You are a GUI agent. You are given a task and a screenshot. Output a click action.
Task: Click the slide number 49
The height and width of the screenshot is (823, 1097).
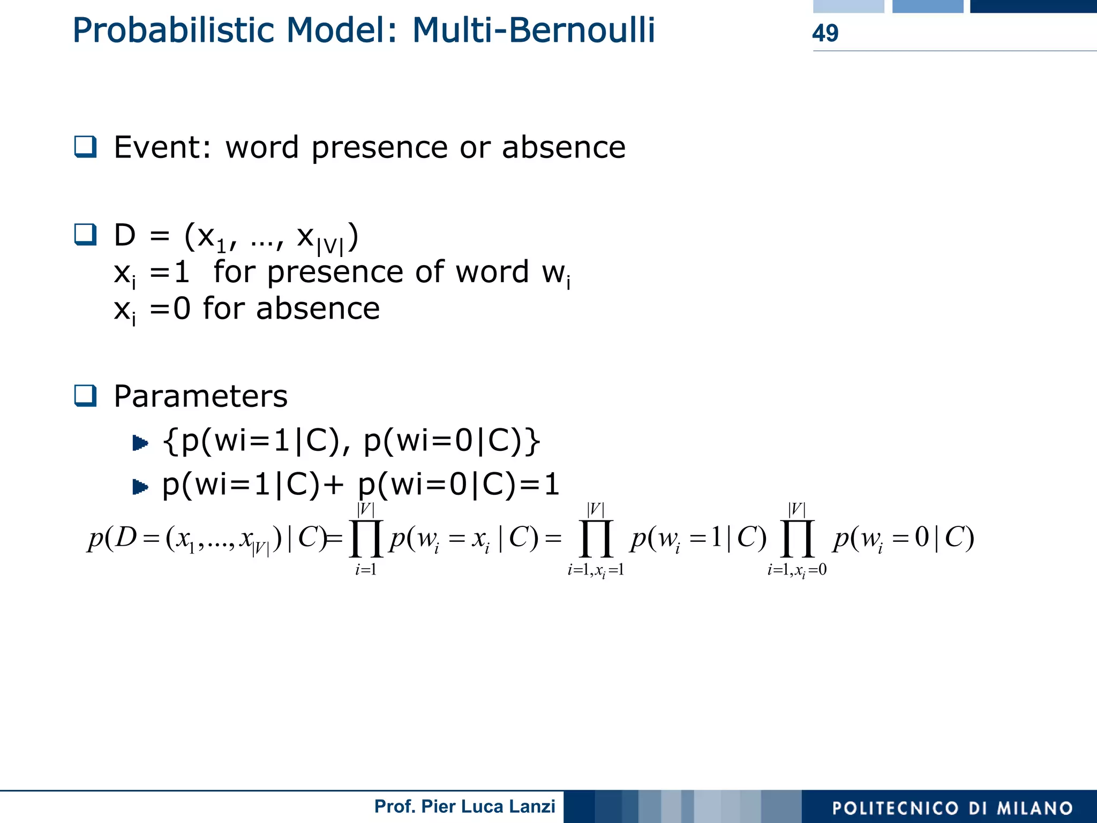(825, 33)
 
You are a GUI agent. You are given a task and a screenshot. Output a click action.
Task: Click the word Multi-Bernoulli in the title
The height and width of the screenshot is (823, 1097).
(534, 30)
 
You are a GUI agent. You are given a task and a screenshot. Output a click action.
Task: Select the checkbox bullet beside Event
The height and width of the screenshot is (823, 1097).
(85, 147)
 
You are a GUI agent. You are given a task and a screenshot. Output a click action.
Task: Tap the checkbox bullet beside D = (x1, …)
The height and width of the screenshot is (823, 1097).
(85, 235)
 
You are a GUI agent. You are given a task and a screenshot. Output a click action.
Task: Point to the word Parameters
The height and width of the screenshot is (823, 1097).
(201, 396)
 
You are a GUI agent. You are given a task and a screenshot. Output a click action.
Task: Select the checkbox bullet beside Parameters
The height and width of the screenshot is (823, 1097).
(85, 396)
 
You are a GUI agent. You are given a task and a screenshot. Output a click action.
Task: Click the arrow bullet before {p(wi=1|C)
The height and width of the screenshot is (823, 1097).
(140, 443)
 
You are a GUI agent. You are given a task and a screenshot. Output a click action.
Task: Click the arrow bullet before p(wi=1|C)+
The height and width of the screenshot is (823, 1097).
(140, 487)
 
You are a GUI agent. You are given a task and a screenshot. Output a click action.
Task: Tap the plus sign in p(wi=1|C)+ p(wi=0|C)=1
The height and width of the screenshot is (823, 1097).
(334, 485)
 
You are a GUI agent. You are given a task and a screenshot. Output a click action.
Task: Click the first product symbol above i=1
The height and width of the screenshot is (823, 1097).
(366, 539)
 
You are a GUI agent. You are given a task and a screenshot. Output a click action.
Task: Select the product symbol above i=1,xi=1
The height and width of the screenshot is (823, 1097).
(596, 539)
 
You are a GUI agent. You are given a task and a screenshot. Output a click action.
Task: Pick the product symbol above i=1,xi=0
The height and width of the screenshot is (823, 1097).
(797, 539)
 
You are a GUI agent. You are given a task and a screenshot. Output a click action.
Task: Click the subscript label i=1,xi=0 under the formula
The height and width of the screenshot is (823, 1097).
(797, 571)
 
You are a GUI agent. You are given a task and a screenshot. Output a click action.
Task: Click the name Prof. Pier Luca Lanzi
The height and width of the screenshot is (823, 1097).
(464, 806)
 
